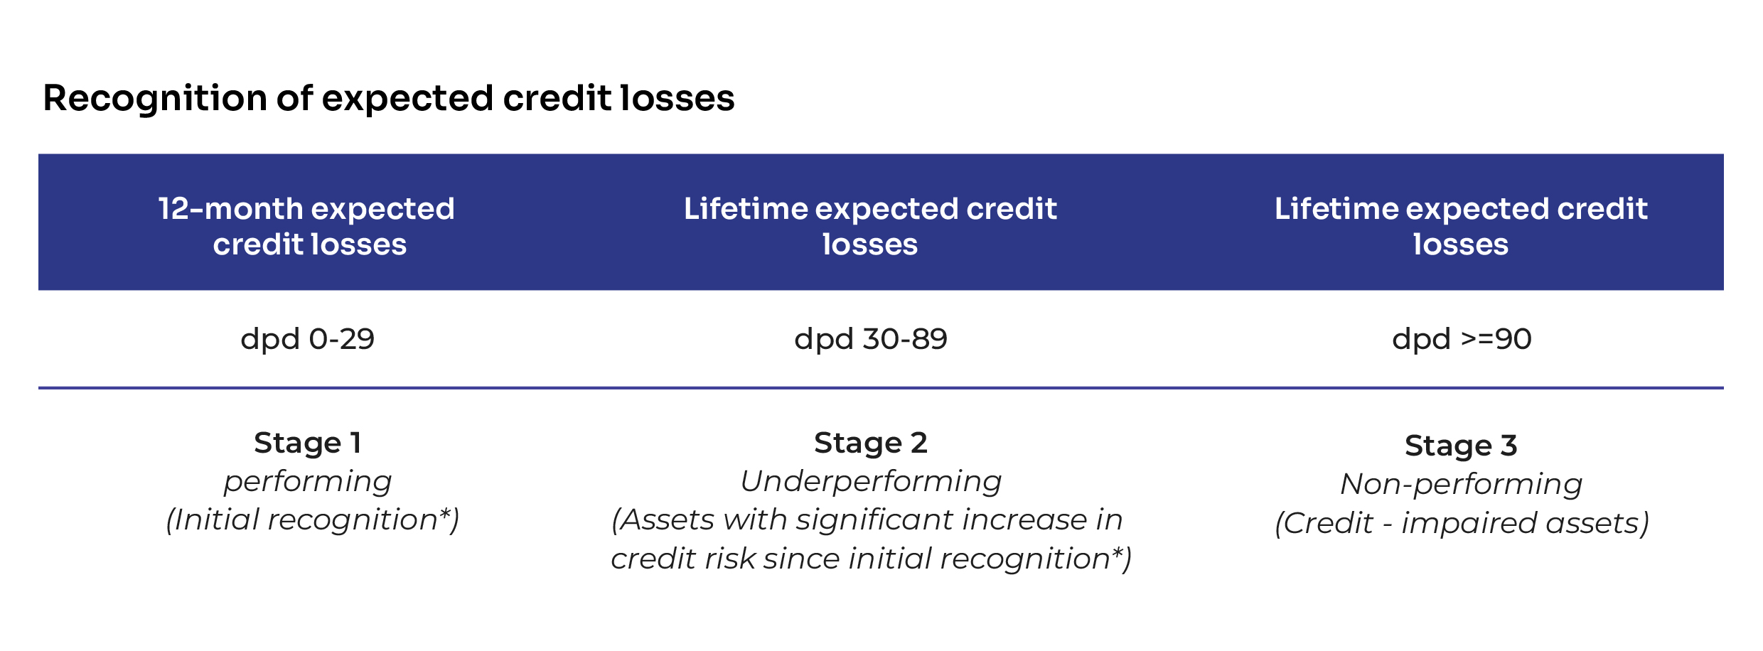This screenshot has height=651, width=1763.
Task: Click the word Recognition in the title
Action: [154, 99]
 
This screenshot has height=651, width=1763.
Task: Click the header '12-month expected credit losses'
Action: [307, 226]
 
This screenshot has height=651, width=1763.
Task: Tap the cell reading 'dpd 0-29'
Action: [307, 339]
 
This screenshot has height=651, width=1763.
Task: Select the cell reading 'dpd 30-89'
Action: [871, 339]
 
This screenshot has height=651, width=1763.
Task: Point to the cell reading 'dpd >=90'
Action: [1462, 339]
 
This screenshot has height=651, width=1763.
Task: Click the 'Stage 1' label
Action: [308, 443]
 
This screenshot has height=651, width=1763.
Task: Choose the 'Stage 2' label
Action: [871, 443]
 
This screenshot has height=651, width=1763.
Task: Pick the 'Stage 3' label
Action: [1462, 446]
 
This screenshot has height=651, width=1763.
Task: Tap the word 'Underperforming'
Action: [871, 482]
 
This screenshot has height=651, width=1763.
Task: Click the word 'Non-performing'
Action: [1462, 485]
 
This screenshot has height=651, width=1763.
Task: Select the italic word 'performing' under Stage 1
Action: [308, 483]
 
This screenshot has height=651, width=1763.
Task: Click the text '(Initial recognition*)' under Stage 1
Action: [313, 520]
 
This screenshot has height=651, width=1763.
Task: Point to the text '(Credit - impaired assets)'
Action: [1462, 524]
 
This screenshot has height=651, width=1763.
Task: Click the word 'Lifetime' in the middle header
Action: [745, 209]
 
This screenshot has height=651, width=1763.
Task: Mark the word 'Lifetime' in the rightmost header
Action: [1336, 209]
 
